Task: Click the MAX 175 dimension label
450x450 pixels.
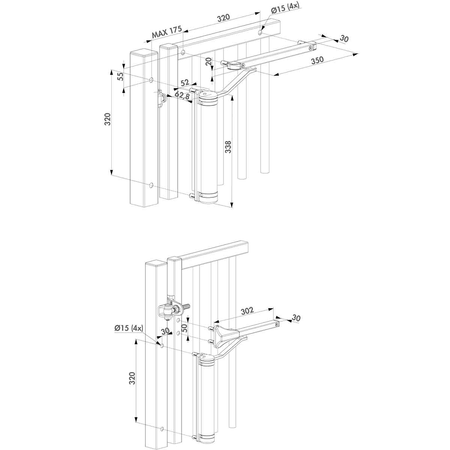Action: (x=166, y=33)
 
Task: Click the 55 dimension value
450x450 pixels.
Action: (x=120, y=77)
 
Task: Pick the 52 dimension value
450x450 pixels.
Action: (x=184, y=83)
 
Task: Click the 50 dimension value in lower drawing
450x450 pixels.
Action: (x=184, y=328)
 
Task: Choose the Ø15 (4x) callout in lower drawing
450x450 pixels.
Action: (x=129, y=328)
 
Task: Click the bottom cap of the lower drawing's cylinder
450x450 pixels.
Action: (x=207, y=438)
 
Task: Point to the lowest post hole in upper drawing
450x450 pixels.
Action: (x=151, y=185)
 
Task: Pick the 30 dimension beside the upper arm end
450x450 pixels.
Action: (x=344, y=39)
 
